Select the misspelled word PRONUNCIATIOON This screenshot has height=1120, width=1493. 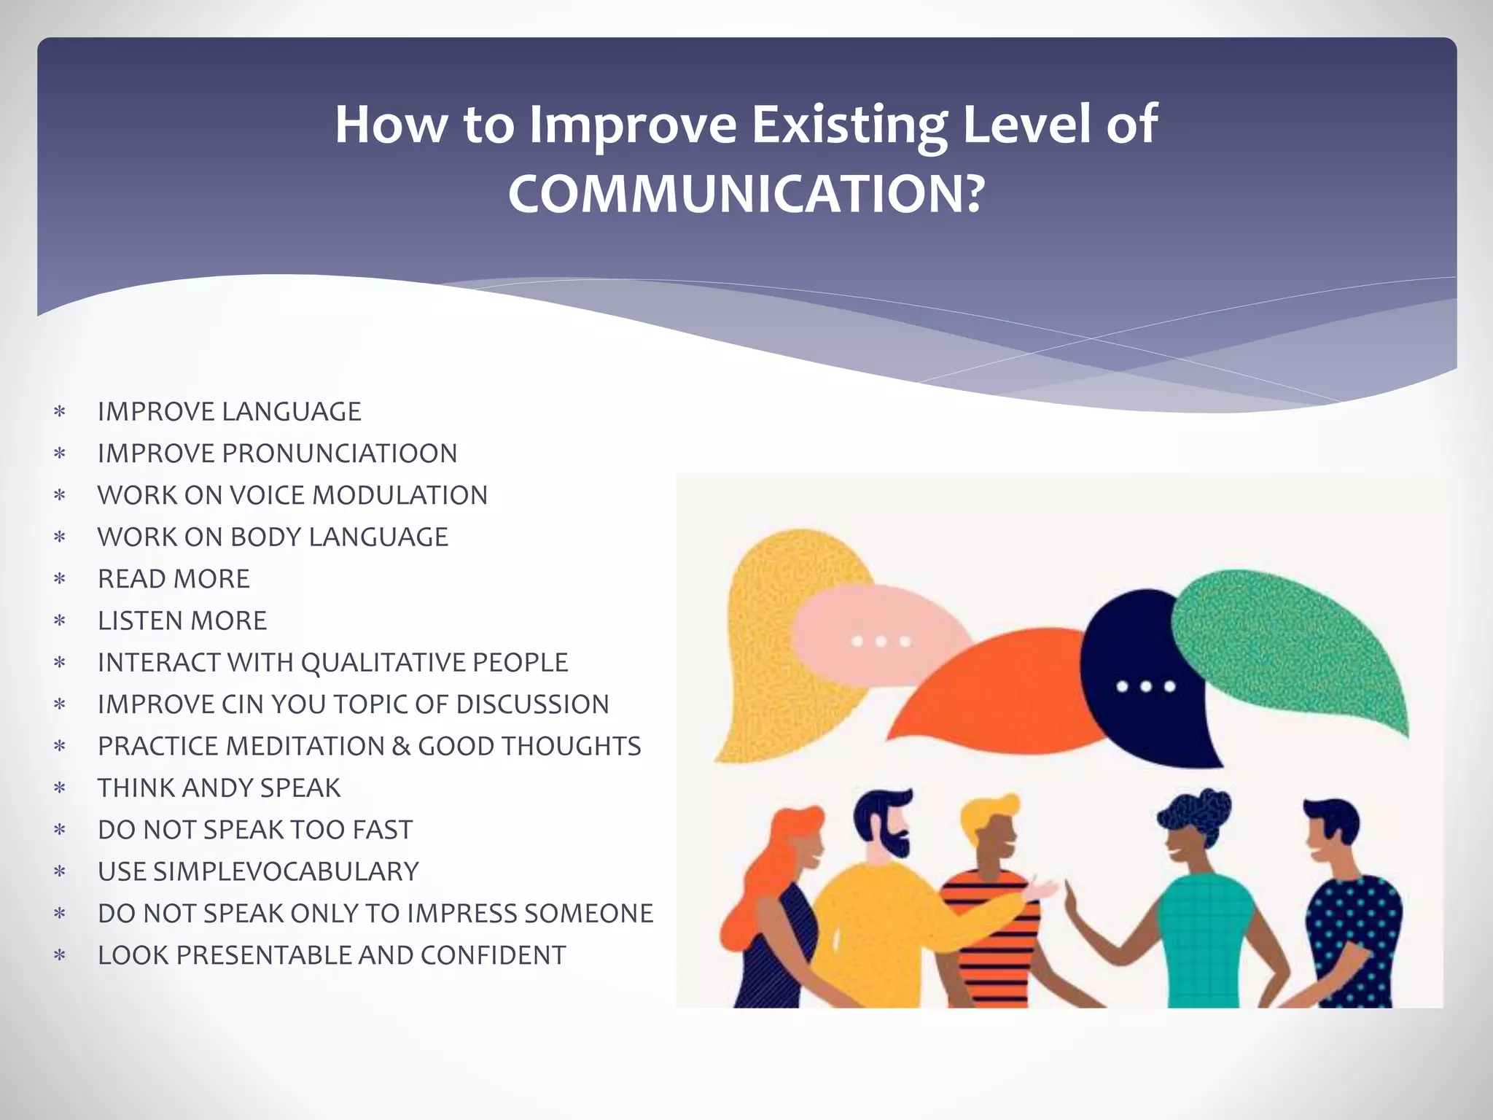[339, 454]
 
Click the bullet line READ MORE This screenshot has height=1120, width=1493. [174, 579]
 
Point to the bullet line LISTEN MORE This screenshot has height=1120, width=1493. [182, 621]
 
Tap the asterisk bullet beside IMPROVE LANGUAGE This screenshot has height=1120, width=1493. [60, 412]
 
